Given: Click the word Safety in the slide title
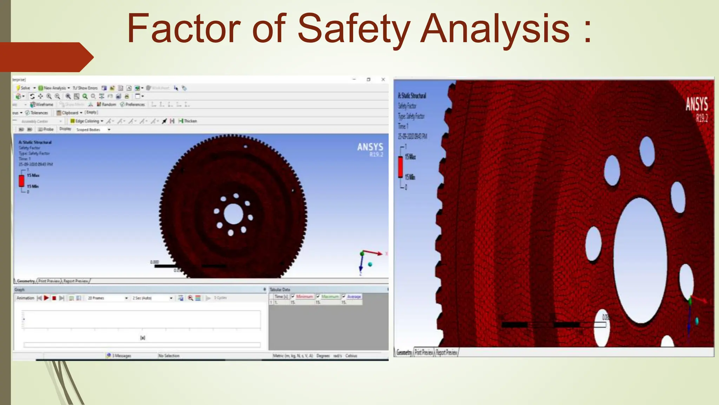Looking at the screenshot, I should pyautogui.click(x=354, y=29).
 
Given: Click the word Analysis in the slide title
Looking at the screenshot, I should pyautogui.click(x=495, y=29).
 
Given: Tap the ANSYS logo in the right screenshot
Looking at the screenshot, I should pyautogui.click(x=697, y=105).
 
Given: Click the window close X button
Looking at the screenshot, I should pyautogui.click(x=383, y=79).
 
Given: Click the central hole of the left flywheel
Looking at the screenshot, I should pyautogui.click(x=233, y=214).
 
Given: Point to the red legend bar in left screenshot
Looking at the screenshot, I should pyautogui.click(x=22, y=181).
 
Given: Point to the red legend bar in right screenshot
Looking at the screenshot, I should pyautogui.click(x=400, y=167).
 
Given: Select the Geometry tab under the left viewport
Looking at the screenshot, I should pyautogui.click(x=25, y=281).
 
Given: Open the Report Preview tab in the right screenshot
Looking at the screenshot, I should pyautogui.click(x=447, y=352).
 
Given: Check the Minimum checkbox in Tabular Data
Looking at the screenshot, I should pyautogui.click(x=293, y=296).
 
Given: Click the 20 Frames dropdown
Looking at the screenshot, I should pyautogui.click(x=107, y=298).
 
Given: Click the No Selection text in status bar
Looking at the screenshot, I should pyautogui.click(x=169, y=356).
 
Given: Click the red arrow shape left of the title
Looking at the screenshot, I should pyautogui.click(x=46, y=57).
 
